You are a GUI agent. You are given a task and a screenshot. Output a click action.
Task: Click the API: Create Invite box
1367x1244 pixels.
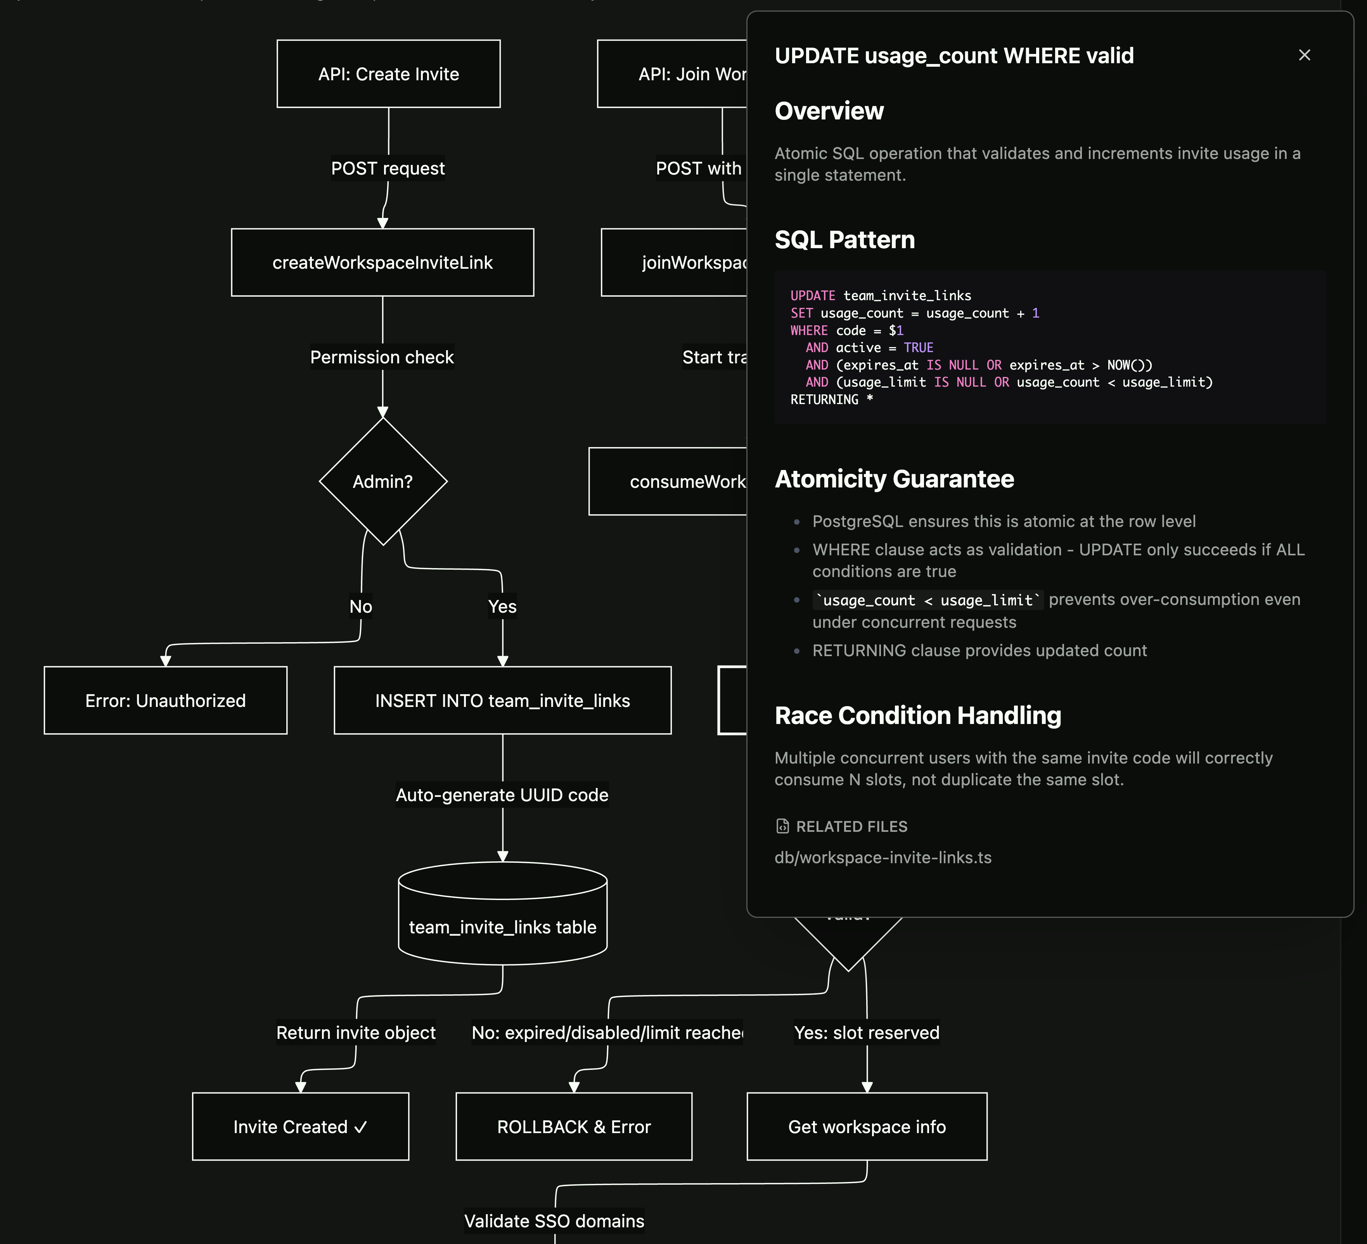click(x=389, y=74)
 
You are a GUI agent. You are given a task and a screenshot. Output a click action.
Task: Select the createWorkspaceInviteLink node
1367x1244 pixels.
click(x=382, y=263)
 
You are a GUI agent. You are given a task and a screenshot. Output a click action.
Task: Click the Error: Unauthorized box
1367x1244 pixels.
click(x=166, y=700)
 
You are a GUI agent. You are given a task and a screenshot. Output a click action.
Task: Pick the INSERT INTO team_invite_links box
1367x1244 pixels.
click(x=502, y=700)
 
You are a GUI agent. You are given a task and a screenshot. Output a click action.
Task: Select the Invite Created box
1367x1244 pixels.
click(x=300, y=1127)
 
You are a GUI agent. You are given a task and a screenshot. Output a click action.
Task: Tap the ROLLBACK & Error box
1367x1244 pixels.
click(x=574, y=1127)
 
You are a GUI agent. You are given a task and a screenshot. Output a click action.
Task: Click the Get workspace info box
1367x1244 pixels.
click(x=867, y=1127)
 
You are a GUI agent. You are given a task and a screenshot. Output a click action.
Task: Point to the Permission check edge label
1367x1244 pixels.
click(x=382, y=357)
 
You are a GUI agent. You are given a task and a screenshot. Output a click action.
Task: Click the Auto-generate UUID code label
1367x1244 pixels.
click(x=502, y=795)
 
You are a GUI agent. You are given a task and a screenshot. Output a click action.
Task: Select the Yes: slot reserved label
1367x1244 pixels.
click(x=867, y=1033)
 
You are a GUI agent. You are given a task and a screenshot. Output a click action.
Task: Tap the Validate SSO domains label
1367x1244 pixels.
click(x=554, y=1221)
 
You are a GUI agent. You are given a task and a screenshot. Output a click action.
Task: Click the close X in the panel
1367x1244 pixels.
click(x=1304, y=55)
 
